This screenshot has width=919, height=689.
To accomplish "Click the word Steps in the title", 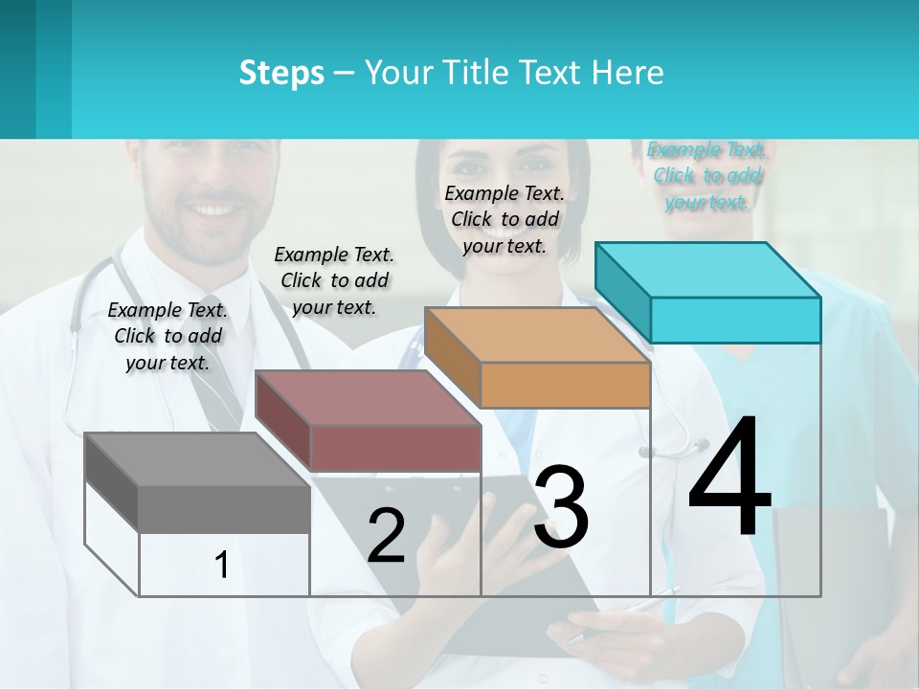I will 281,73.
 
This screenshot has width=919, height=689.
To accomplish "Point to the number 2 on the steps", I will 386,536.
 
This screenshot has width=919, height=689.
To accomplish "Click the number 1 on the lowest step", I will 222,565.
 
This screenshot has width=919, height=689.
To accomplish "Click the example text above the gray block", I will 168,336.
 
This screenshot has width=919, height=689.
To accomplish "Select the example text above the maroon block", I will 334,280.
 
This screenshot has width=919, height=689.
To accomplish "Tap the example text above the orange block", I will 504,219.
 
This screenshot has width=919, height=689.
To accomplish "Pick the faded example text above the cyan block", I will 706,175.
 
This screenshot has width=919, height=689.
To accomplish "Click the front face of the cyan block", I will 735,320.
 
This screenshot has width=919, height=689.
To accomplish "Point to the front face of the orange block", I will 565,385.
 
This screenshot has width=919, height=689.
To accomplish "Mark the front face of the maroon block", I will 394,447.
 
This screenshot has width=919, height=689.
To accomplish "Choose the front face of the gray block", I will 224,509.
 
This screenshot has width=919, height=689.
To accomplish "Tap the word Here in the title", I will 633,73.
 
